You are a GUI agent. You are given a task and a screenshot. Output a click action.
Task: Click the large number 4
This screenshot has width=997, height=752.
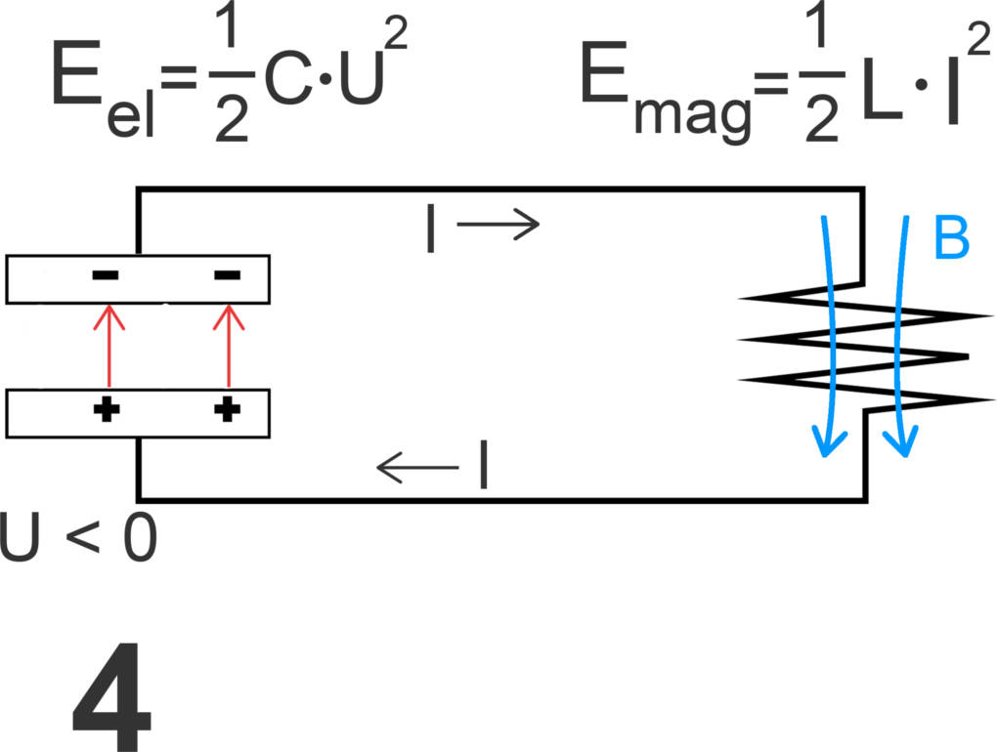point(111,697)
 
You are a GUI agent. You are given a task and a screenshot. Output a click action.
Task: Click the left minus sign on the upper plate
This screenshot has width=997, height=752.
point(106,276)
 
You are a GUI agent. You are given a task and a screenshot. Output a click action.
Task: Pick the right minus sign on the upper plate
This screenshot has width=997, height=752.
point(226,276)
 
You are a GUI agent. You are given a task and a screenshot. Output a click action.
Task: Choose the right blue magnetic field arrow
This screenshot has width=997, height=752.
point(902,332)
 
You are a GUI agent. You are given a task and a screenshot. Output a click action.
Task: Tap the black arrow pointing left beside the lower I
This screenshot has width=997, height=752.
point(417,470)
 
